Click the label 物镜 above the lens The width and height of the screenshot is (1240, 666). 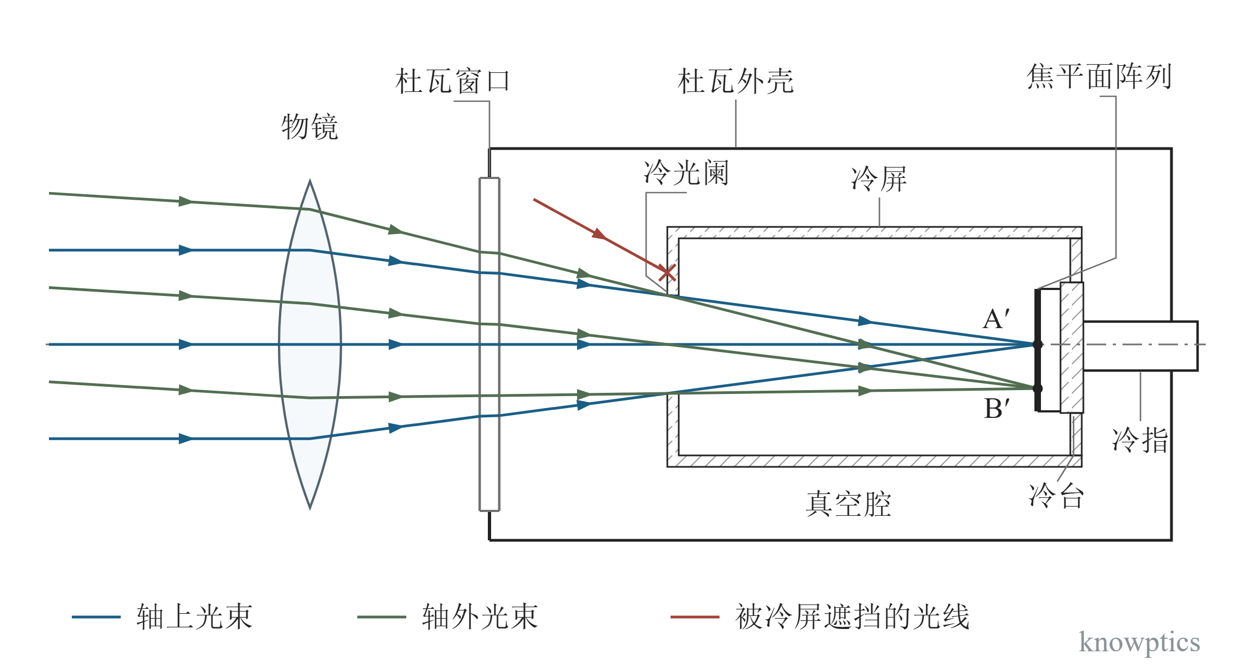(309, 127)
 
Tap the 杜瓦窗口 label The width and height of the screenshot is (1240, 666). (452, 82)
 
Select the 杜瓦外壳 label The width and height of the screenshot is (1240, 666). (735, 82)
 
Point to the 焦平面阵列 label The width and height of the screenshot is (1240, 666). (1099, 76)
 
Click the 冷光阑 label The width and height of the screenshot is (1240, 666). (686, 173)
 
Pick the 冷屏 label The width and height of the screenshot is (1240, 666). (879, 179)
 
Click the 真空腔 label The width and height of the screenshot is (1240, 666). (848, 504)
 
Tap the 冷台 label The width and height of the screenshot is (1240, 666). (1057, 496)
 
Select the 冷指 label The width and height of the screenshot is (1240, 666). (1140, 440)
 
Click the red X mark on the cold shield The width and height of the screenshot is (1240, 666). (667, 273)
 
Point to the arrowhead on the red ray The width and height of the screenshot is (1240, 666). (599, 234)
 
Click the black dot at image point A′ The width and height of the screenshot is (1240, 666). (1038, 344)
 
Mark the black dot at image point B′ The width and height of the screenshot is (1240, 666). (1038, 388)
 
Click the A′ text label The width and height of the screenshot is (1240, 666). (996, 319)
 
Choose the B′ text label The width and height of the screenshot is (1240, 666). (997, 408)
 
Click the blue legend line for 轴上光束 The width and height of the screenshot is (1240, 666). (96, 617)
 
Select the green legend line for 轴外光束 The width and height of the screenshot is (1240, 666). (381, 617)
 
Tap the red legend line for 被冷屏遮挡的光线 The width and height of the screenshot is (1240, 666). (695, 617)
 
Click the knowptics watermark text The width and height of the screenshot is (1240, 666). (1139, 642)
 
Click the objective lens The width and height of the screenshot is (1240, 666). (309, 344)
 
